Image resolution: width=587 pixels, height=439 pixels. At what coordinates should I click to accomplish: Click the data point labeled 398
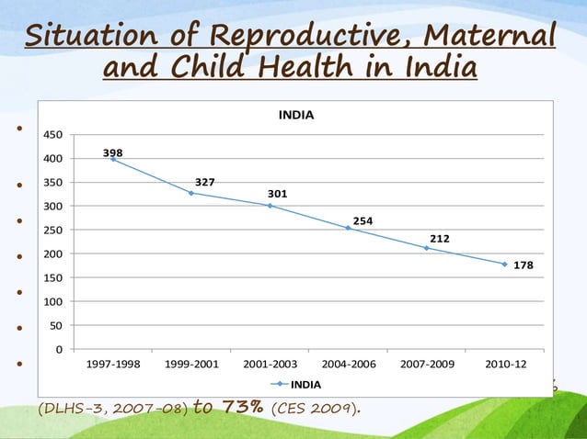coord(113,160)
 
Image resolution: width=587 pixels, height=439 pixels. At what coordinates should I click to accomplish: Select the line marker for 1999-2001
coord(191,193)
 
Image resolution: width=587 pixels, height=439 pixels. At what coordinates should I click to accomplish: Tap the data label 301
coord(277,194)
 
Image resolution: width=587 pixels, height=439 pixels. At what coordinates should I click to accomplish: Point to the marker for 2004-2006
coord(348,228)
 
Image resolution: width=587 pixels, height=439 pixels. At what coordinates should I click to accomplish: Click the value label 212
coord(439,239)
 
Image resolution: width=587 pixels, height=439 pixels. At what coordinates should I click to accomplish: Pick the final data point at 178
coord(504,265)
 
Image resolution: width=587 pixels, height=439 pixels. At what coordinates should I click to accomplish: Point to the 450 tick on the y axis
coord(53,135)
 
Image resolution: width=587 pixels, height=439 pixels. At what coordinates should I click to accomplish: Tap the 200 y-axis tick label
coord(53,254)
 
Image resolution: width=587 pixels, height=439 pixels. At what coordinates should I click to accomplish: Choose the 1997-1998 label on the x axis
coord(114,364)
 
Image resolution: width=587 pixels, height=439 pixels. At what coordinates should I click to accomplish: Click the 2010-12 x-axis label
coord(504,364)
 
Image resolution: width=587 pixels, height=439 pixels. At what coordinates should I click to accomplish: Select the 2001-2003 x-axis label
coord(270,364)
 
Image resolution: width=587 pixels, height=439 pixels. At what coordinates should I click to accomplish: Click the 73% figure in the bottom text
coord(244,407)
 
